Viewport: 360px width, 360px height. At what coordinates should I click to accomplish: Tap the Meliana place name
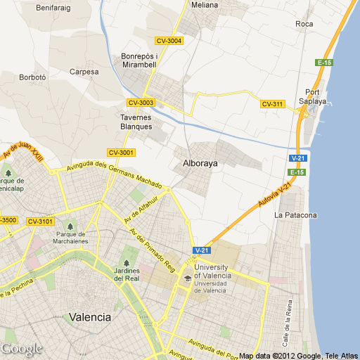click(x=205, y=5)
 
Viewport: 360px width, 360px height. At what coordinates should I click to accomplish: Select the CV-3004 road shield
click(x=169, y=41)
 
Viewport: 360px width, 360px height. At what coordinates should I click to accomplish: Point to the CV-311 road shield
click(x=272, y=105)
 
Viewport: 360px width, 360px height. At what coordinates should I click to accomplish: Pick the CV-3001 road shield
click(x=121, y=153)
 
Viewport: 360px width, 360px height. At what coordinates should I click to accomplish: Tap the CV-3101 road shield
click(x=40, y=221)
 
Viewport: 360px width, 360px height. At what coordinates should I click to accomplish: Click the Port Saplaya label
click(x=316, y=96)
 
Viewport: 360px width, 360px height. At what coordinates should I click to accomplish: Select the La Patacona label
click(x=296, y=214)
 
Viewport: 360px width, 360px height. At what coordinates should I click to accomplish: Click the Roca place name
click(x=304, y=25)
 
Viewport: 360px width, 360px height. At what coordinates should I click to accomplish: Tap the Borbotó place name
click(x=32, y=77)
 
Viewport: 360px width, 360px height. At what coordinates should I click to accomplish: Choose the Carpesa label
click(x=84, y=72)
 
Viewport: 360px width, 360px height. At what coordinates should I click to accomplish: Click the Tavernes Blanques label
click(x=136, y=122)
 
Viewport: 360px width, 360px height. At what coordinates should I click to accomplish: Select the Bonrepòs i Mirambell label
click(x=139, y=60)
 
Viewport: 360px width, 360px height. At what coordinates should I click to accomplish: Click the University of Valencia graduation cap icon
click(x=186, y=278)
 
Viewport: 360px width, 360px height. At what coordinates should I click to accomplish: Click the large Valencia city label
click(x=90, y=317)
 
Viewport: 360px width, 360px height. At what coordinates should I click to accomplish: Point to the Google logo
click(x=21, y=349)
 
